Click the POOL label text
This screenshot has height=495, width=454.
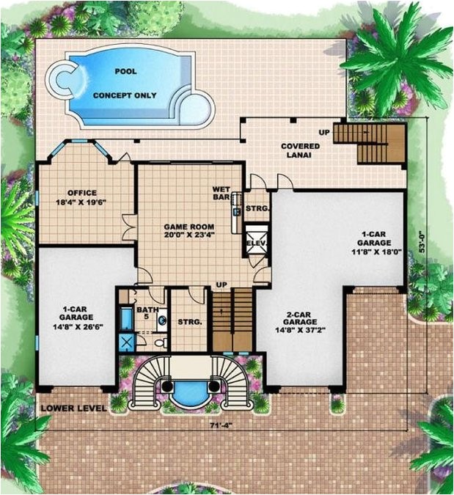click(x=125, y=72)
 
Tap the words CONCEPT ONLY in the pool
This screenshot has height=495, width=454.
click(x=125, y=95)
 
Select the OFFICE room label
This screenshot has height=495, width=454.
click(x=82, y=194)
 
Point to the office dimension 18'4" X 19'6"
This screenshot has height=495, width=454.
click(x=82, y=203)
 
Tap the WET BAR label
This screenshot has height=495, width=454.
click(x=221, y=193)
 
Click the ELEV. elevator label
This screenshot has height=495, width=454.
click(x=256, y=243)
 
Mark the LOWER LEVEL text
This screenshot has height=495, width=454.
click(x=73, y=408)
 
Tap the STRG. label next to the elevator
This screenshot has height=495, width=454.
click(x=256, y=208)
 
